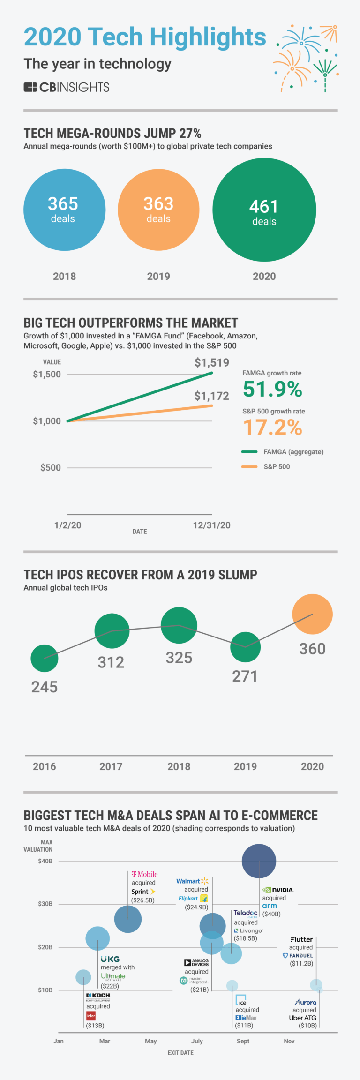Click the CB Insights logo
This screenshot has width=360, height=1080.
coord(66,87)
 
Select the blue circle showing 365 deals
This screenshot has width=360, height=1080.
coord(64,210)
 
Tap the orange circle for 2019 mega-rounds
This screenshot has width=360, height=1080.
coord(158,210)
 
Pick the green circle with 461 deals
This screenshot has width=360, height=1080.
coord(264,210)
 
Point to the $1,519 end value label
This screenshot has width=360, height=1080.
coord(212,362)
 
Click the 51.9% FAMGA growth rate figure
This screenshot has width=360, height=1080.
coord(272,389)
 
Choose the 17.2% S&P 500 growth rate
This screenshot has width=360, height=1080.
coord(272,427)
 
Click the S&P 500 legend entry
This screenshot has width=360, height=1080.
coord(276,466)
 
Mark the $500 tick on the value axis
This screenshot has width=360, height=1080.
coord(50,467)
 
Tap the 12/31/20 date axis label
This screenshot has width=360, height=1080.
coord(211,525)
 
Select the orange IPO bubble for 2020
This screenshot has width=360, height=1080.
coord(312,614)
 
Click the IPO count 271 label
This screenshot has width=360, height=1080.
coord(245,676)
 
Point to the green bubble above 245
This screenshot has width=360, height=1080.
coord(45,658)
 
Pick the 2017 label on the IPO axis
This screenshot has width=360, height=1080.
coord(111,766)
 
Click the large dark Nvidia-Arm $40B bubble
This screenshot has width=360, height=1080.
coord(259,861)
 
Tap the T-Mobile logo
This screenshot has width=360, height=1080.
coord(144,874)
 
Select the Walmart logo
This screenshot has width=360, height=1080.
coord(192,881)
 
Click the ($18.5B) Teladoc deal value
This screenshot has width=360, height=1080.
coord(246,938)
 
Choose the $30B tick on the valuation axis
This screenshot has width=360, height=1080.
coord(45,904)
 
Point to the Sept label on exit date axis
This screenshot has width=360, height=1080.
coord(243,1041)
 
